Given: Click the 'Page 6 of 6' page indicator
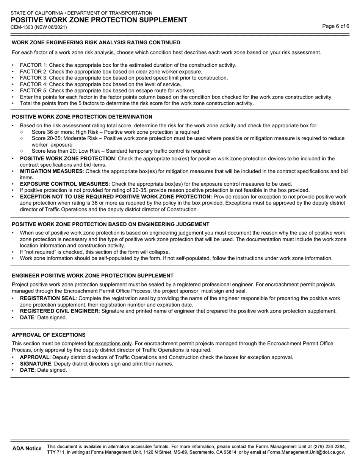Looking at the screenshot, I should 336,26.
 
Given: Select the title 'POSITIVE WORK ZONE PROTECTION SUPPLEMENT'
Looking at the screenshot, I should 99,20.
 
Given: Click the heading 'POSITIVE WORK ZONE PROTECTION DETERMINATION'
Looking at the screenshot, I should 82,117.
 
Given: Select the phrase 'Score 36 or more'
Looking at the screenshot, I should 53,132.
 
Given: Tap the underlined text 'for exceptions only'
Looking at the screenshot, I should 110,344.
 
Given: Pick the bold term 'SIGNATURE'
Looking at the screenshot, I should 35,364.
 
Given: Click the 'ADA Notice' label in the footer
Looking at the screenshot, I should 27,449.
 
